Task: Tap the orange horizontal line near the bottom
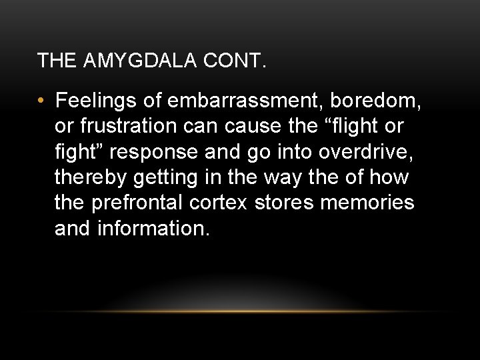pos(240,311)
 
